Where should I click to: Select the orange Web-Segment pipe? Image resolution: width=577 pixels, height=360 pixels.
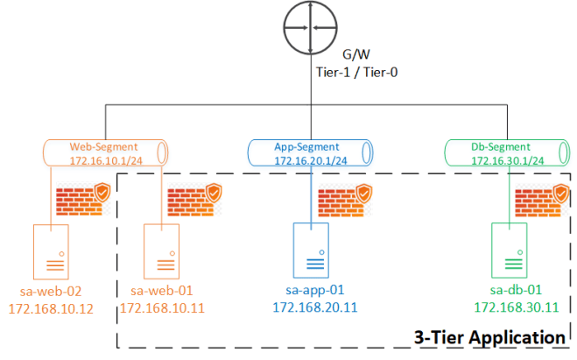(106, 153)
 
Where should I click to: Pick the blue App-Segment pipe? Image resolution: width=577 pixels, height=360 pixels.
(305, 153)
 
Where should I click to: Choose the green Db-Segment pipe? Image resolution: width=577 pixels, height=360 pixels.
(502, 153)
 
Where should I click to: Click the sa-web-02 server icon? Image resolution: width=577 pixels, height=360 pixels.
(51, 251)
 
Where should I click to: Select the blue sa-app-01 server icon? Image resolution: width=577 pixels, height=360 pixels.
(311, 249)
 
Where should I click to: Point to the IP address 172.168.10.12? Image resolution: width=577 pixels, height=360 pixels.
(51, 308)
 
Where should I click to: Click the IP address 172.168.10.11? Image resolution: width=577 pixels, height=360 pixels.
(161, 308)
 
